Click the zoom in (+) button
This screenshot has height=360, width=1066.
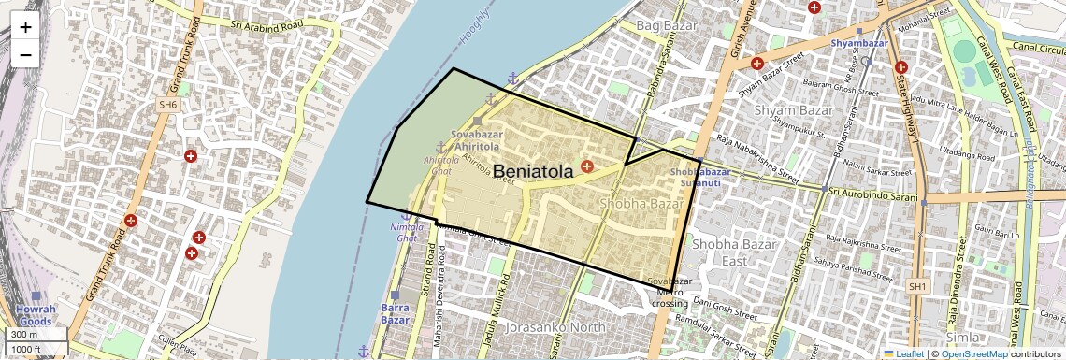[25, 27]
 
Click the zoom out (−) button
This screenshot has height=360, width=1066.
[25, 54]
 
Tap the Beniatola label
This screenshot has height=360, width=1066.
[532, 171]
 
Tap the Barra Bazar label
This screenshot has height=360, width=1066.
[396, 313]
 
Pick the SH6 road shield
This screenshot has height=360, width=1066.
[167, 106]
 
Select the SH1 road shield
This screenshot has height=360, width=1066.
[918, 285]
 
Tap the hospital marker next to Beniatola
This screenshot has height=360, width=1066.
[587, 166]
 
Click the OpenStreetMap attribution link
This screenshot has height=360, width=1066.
[973, 353]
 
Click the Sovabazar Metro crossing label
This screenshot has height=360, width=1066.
[670, 292]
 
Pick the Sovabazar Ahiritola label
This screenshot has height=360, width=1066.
[477, 140]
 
